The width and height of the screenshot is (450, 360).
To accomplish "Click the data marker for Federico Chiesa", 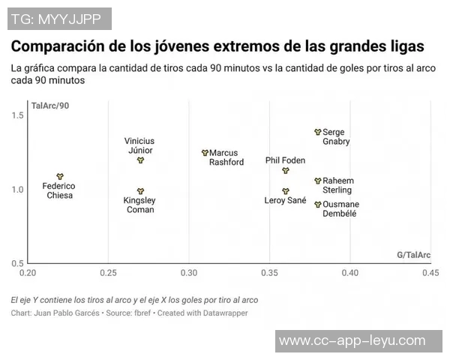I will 60,176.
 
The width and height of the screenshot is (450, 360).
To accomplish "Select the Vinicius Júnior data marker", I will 140,160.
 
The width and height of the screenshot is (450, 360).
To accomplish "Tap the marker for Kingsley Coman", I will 140,191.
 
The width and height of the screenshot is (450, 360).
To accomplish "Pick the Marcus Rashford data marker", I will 205,152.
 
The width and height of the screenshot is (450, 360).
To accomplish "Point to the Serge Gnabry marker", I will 317,132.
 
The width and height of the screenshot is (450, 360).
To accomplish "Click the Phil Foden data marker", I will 285,170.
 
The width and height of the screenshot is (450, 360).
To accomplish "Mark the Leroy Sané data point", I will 285,191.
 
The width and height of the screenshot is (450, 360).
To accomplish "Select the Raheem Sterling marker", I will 317,181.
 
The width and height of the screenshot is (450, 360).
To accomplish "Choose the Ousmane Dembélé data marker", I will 317,204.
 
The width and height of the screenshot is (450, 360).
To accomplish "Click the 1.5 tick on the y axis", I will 19,115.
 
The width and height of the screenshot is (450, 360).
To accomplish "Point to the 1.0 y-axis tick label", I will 19,189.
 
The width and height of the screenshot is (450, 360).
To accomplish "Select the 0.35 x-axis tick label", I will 269,272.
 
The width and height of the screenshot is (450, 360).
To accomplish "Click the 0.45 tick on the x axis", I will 430,272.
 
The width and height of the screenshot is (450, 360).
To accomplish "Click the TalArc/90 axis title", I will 50,105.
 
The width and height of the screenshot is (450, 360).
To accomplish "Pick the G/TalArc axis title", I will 413,255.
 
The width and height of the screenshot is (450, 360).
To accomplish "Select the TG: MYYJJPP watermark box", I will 60,18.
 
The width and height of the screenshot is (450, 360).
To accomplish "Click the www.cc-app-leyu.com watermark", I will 362,341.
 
